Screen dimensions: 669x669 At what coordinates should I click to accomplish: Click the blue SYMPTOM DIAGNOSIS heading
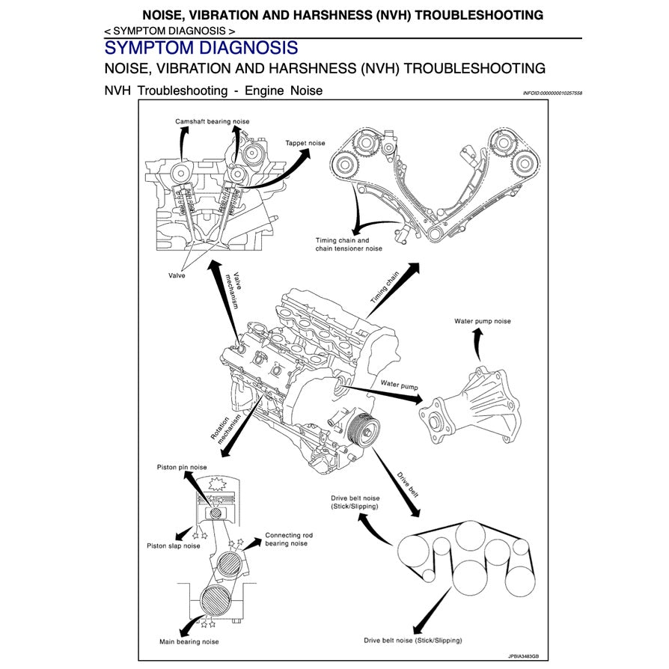[x=201, y=48]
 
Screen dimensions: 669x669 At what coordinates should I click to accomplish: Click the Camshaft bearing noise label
[x=213, y=121]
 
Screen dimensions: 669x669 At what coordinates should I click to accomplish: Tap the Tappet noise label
[x=305, y=142]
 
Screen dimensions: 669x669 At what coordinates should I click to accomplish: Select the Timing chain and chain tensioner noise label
[x=349, y=245]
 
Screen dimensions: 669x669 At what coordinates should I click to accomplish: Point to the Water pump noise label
[x=483, y=321]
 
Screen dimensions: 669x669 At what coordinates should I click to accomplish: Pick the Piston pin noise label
[x=182, y=467]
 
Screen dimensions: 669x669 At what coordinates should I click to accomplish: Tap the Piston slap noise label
[x=173, y=546]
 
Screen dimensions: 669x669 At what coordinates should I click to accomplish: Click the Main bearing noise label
[x=189, y=641]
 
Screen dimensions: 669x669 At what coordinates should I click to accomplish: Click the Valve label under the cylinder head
[x=177, y=275]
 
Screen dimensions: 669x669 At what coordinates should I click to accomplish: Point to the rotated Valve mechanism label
[x=235, y=290]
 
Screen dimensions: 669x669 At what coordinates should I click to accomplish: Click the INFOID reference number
[x=552, y=94]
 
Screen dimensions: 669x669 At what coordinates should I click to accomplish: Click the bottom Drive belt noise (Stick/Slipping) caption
[x=413, y=641]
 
